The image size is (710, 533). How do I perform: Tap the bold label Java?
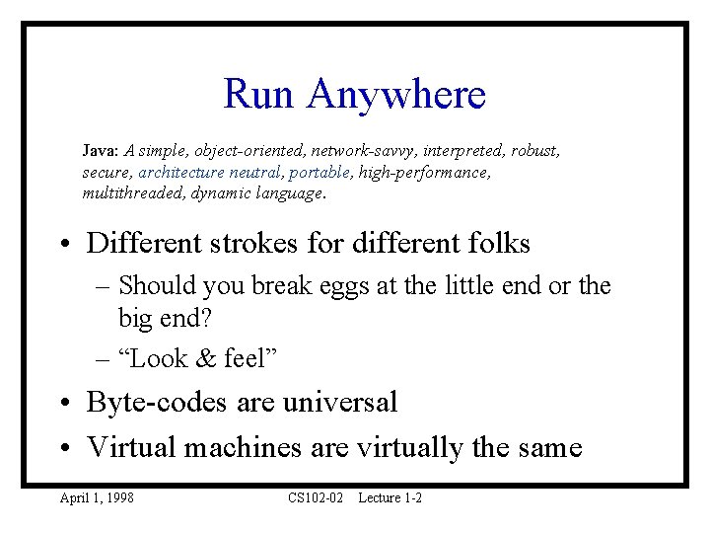[x=101, y=152]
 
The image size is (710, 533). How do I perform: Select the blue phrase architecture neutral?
[x=209, y=173]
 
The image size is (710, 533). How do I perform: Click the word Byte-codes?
[x=144, y=403]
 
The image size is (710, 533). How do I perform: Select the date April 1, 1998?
[x=97, y=498]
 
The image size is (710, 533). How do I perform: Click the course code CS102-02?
[x=316, y=498]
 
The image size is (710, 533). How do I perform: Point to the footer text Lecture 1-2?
[x=390, y=498]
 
